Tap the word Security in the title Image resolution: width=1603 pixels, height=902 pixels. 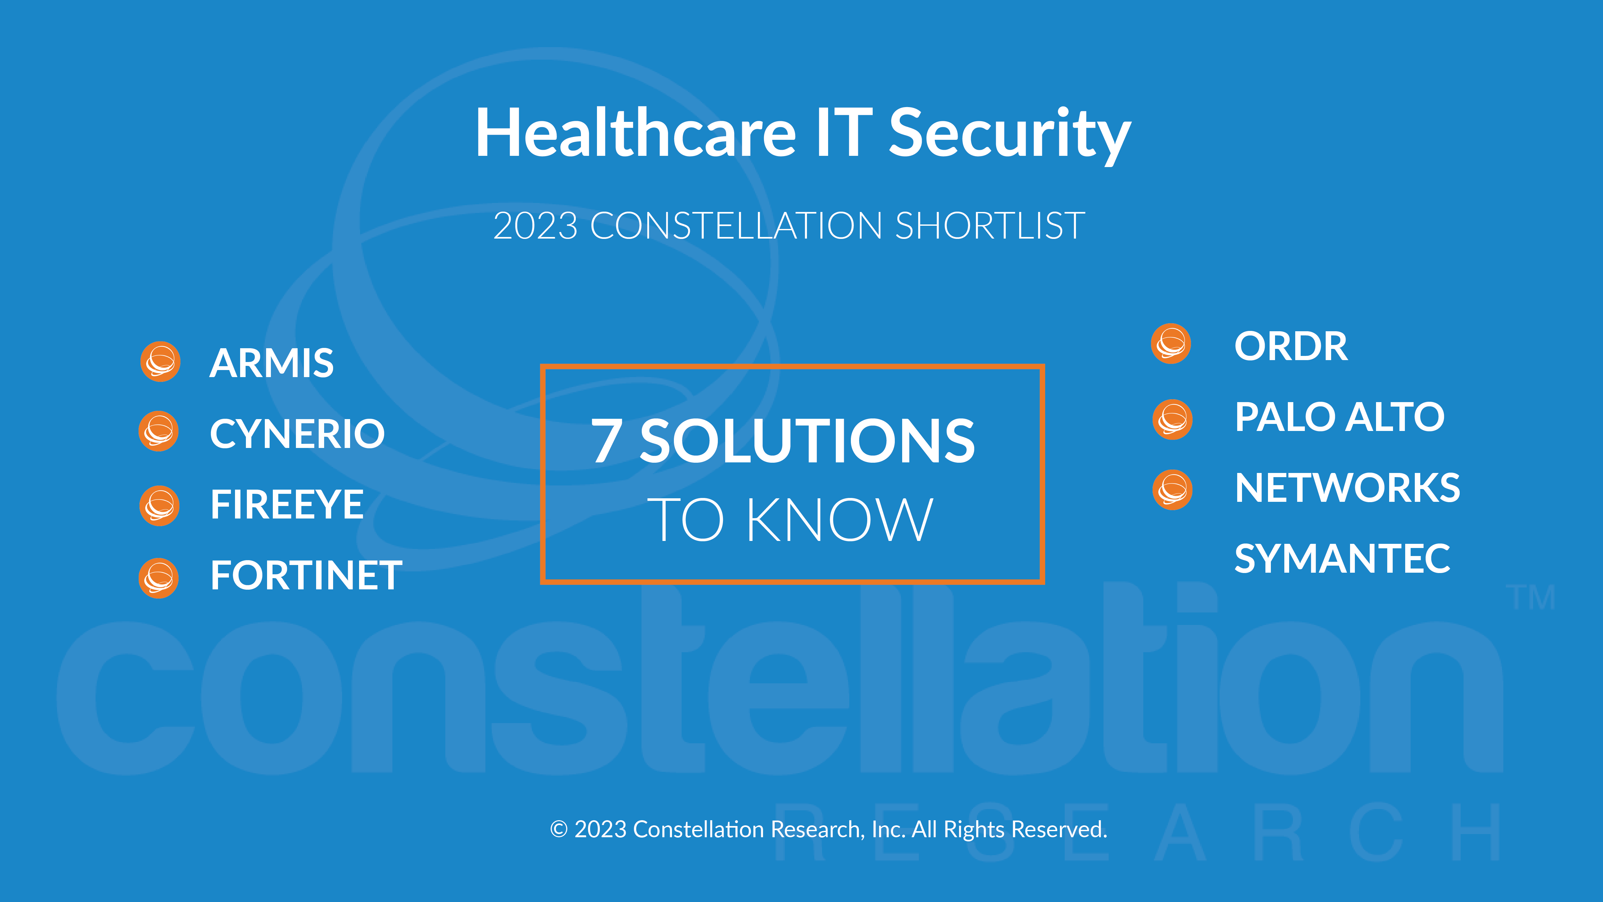pyautogui.click(x=1009, y=136)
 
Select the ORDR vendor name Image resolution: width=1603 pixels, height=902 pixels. pyautogui.click(x=1291, y=346)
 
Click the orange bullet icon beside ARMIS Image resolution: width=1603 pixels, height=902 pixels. pyautogui.click(x=161, y=362)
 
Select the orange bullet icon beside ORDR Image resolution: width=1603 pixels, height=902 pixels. pyautogui.click(x=1171, y=344)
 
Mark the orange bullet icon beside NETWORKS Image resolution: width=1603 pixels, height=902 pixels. pyautogui.click(x=1172, y=490)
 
